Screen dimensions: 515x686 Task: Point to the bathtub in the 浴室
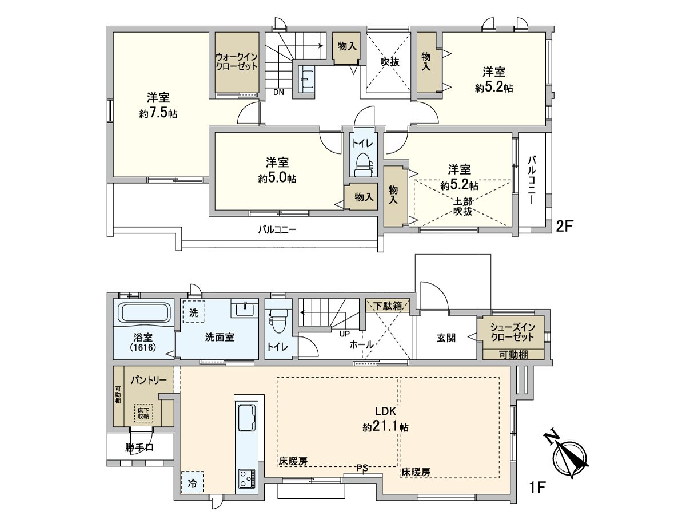coord(144,314)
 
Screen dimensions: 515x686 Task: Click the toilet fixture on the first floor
coord(278,320)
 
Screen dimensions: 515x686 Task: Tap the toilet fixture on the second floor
coord(363,164)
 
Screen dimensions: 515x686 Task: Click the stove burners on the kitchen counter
coord(248,478)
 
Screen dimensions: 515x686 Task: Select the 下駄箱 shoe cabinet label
coord(388,306)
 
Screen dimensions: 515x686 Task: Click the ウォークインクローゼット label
coord(236,62)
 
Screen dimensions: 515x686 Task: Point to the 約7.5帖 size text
coord(158,113)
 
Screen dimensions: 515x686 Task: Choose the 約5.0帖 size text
coord(277,179)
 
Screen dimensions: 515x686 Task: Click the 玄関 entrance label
coord(446,338)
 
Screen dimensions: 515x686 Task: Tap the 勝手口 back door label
coord(139,447)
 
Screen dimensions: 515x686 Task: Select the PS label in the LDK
coord(362,468)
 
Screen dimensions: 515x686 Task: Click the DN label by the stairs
coord(278,92)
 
